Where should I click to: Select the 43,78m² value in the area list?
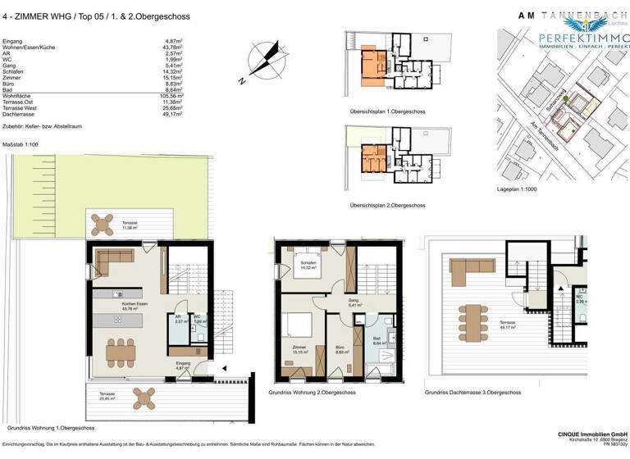[171, 47]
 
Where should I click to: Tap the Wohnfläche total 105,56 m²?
[171, 95]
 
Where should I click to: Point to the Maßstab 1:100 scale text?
[21, 144]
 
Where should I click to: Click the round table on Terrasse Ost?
[105, 222]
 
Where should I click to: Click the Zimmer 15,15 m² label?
[299, 351]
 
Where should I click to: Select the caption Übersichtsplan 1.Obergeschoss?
[381, 111]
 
